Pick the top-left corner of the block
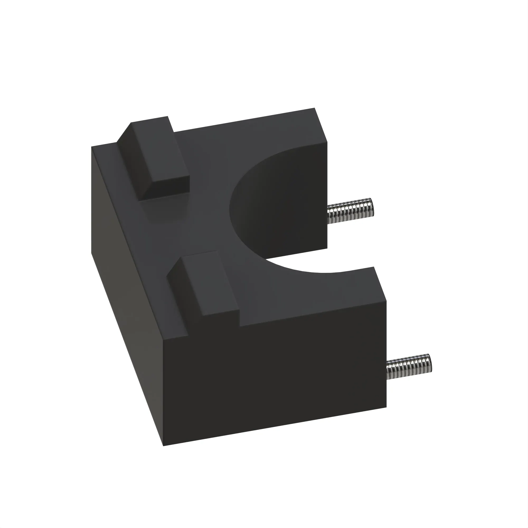point(92,147)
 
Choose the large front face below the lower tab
point(273,383)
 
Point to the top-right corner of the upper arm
point(315,108)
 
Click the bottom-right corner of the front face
point(386,415)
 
